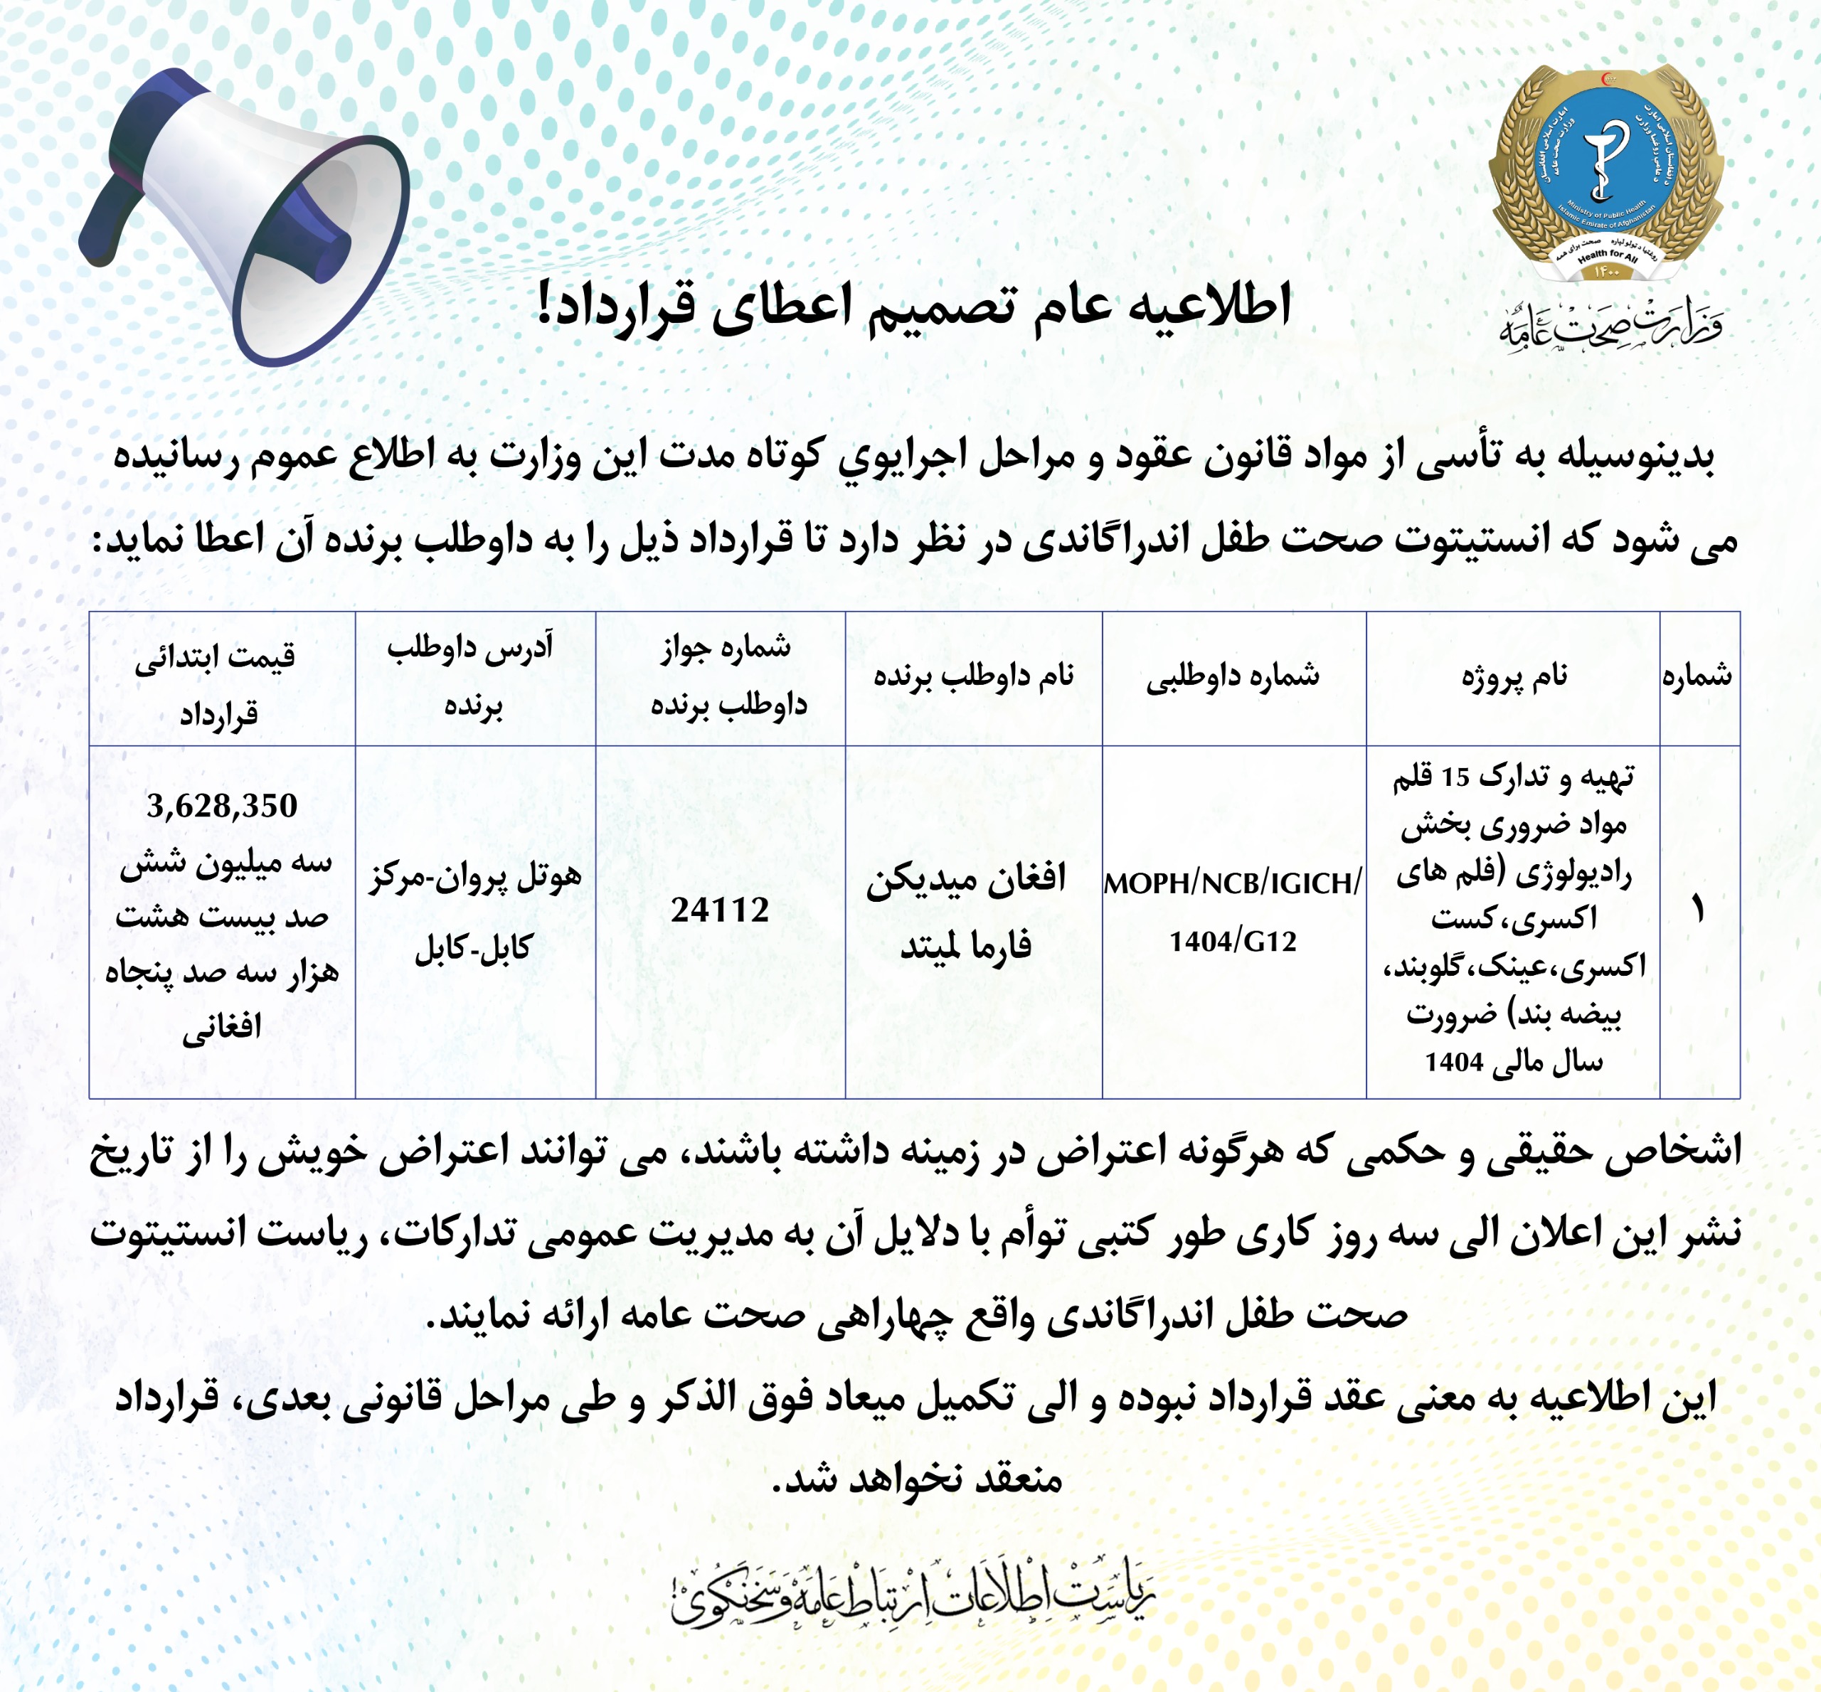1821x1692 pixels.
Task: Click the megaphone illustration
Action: coord(248,216)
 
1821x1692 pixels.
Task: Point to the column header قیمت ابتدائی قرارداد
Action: coord(217,684)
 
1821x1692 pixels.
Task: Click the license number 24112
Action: coord(720,910)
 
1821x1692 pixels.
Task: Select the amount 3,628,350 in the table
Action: coord(221,806)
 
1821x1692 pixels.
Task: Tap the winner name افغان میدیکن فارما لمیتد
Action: coord(967,911)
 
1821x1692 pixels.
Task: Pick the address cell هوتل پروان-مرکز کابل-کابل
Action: coord(474,912)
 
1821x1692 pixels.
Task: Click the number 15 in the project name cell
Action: coord(1455,778)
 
